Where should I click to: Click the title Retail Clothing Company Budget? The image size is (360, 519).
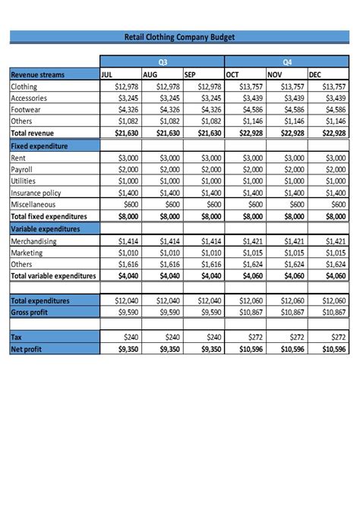179,36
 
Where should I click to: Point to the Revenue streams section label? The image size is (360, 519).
37,75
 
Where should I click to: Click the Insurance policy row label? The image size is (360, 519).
36,193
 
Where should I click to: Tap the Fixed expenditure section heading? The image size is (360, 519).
39,146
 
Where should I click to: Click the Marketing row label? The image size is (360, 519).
27,253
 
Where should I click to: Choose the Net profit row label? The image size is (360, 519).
27,348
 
